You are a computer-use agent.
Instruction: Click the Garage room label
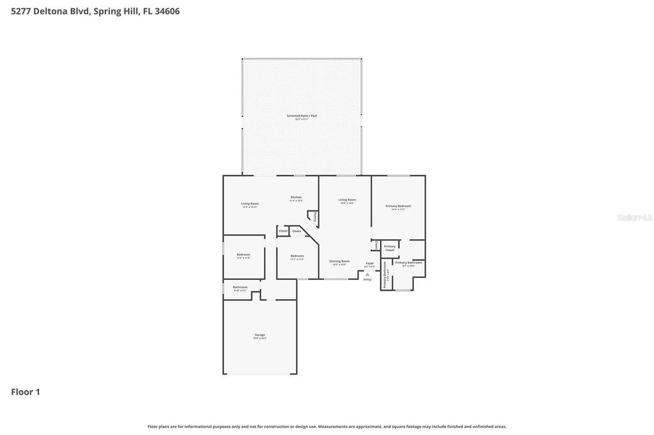[x=260, y=335]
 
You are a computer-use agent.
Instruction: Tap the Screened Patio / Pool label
[x=301, y=116]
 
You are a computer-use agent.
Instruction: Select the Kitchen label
[x=296, y=197]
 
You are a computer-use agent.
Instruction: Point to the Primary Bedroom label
[x=398, y=206]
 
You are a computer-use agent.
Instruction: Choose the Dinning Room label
[x=339, y=261]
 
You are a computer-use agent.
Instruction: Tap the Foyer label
[x=369, y=263]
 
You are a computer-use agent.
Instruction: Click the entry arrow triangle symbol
[x=367, y=274]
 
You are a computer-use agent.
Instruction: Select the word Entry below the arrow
[x=367, y=279]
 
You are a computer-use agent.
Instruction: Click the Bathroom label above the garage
[x=240, y=287]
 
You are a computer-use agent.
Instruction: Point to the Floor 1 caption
[x=26, y=392]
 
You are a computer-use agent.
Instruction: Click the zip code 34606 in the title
[x=165, y=11]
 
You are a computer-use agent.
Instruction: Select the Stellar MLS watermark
[x=634, y=217]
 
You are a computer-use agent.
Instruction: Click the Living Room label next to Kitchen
[x=250, y=203]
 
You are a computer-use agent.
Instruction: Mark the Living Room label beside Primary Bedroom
[x=347, y=200]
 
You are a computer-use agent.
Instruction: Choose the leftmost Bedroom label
[x=243, y=254]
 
